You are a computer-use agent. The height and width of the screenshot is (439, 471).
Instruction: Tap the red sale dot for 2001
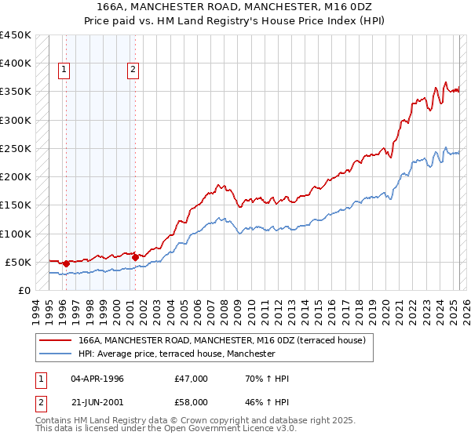point(135,257)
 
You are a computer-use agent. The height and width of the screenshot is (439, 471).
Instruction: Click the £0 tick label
point(24,290)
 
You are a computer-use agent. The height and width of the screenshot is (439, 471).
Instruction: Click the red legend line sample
point(55,341)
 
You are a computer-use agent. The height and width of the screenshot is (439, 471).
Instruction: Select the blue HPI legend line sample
point(55,354)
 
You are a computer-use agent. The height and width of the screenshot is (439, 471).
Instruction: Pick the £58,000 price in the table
point(191,401)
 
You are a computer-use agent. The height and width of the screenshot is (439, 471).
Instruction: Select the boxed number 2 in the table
point(40,401)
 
